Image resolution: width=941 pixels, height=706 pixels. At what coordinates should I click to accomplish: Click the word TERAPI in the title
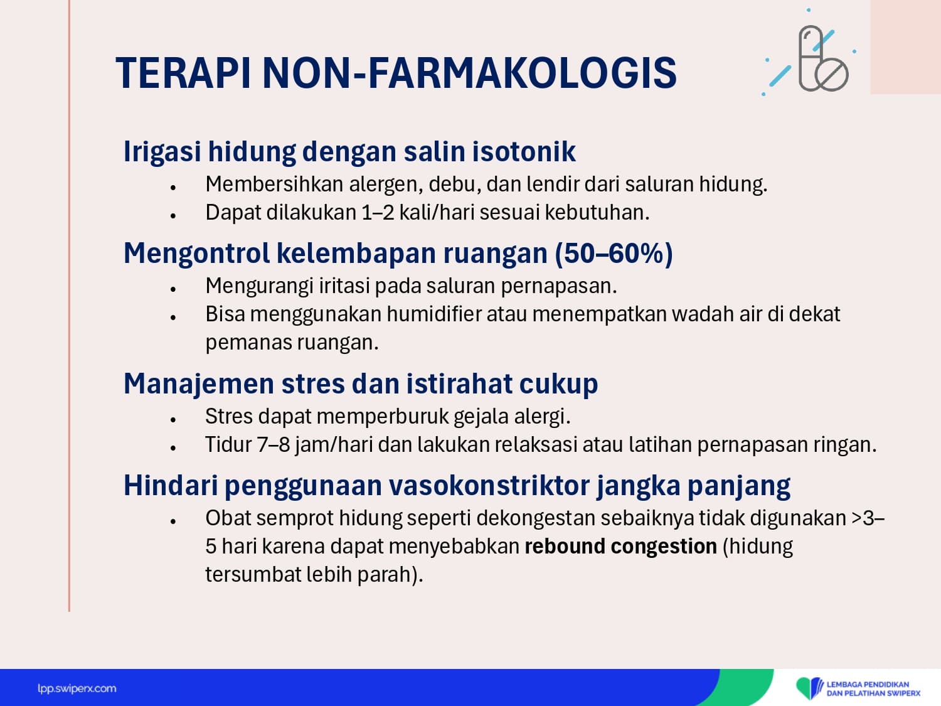pyautogui.click(x=183, y=73)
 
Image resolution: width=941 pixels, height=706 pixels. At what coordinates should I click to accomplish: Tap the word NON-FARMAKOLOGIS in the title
pyautogui.click(x=469, y=73)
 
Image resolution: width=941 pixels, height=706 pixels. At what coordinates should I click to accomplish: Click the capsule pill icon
pyautogui.click(x=811, y=58)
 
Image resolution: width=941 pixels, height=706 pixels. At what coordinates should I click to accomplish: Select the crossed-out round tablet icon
pyautogui.click(x=832, y=74)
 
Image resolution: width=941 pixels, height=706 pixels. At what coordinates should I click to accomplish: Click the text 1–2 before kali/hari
pyautogui.click(x=378, y=213)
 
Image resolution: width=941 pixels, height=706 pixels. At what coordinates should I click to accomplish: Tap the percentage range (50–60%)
pyautogui.click(x=614, y=254)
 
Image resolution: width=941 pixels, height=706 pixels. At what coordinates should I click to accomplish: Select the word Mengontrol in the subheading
pyautogui.click(x=196, y=254)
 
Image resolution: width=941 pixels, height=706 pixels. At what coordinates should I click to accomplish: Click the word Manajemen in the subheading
pyautogui.click(x=199, y=383)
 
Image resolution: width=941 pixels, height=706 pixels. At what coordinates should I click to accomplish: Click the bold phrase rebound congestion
pyautogui.click(x=621, y=547)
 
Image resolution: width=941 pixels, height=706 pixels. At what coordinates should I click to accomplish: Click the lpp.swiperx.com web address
pyautogui.click(x=77, y=689)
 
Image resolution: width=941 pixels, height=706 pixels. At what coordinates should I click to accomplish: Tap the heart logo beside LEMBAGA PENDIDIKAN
pyautogui.click(x=809, y=688)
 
